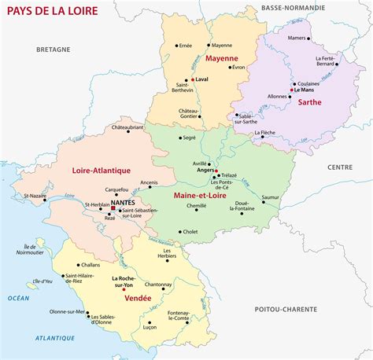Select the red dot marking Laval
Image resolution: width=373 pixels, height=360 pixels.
tap(190, 80)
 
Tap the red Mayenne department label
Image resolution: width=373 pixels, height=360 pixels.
tap(222, 59)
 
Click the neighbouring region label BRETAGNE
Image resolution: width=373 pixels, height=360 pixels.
tap(54, 49)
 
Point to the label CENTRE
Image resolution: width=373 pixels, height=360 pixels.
tap(340, 167)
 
